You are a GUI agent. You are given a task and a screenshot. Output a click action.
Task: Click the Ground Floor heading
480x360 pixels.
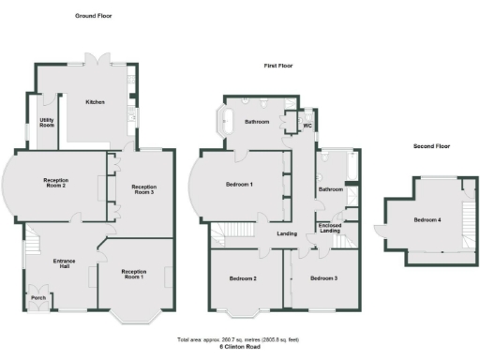tap(94, 16)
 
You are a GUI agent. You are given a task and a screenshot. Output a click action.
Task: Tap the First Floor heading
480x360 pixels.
tap(278, 66)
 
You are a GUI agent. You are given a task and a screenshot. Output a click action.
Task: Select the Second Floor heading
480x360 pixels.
tap(432, 146)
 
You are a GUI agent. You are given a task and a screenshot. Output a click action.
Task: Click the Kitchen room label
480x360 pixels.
tap(95, 101)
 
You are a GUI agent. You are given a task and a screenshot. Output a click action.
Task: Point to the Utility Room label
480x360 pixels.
tap(46, 123)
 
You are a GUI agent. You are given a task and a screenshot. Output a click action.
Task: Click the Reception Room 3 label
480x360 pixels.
tap(143, 190)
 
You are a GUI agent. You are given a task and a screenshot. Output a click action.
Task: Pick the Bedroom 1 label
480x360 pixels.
tap(239, 185)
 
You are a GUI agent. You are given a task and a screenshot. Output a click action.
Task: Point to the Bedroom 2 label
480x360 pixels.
tap(243, 277)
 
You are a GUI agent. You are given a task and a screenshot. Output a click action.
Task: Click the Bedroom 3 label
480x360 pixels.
tap(323, 277)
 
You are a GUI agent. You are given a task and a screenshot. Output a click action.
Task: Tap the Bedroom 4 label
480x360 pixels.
tap(427, 220)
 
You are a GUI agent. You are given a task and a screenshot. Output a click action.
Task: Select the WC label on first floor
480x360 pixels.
tap(306, 125)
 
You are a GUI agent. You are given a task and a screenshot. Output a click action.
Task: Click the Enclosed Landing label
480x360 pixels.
tap(329, 228)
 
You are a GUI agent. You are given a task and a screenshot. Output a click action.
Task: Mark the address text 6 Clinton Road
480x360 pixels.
tap(239, 346)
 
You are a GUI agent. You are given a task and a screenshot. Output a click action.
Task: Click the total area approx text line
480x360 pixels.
tap(239, 339)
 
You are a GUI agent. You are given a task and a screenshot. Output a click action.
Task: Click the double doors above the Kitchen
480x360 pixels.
tap(95, 59)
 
